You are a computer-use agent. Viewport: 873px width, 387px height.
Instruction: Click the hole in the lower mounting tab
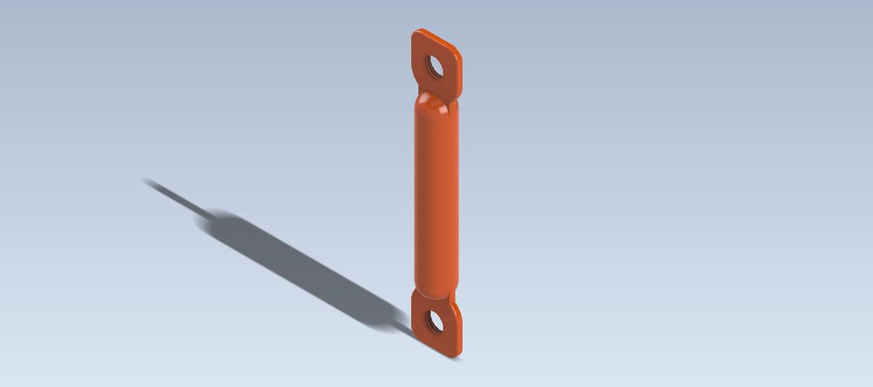(434, 321)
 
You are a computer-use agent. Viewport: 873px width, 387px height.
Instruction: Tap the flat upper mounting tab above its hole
(430, 44)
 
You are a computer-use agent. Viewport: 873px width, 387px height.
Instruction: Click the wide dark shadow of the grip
(291, 263)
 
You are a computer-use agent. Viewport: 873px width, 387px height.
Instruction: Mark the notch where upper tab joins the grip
(449, 94)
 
